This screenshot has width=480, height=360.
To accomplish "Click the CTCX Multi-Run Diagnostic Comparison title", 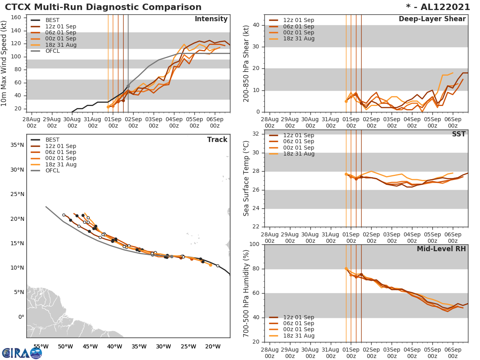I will (103, 7).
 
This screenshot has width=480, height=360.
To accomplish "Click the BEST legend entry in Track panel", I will (52, 140).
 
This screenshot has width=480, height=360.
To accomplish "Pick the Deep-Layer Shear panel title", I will (432, 19).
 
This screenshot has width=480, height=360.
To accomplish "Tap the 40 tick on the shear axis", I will (256, 25).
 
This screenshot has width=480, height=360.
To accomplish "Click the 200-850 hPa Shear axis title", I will (246, 63).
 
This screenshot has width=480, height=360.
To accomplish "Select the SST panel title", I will (458, 134).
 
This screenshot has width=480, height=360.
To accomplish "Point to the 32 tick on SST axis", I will (256, 134).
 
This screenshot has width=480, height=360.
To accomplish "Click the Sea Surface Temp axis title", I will (246, 178).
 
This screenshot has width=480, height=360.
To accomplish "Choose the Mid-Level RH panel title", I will (441, 249).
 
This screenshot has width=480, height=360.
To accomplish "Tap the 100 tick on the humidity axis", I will (255, 244).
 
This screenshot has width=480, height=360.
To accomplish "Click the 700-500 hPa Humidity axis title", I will (246, 293).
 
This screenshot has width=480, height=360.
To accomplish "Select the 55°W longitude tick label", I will (41, 346).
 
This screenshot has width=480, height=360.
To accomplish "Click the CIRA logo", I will (22, 353).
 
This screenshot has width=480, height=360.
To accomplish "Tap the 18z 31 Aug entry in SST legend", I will (299, 154).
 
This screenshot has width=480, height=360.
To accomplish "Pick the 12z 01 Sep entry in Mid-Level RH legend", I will (299, 317).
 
